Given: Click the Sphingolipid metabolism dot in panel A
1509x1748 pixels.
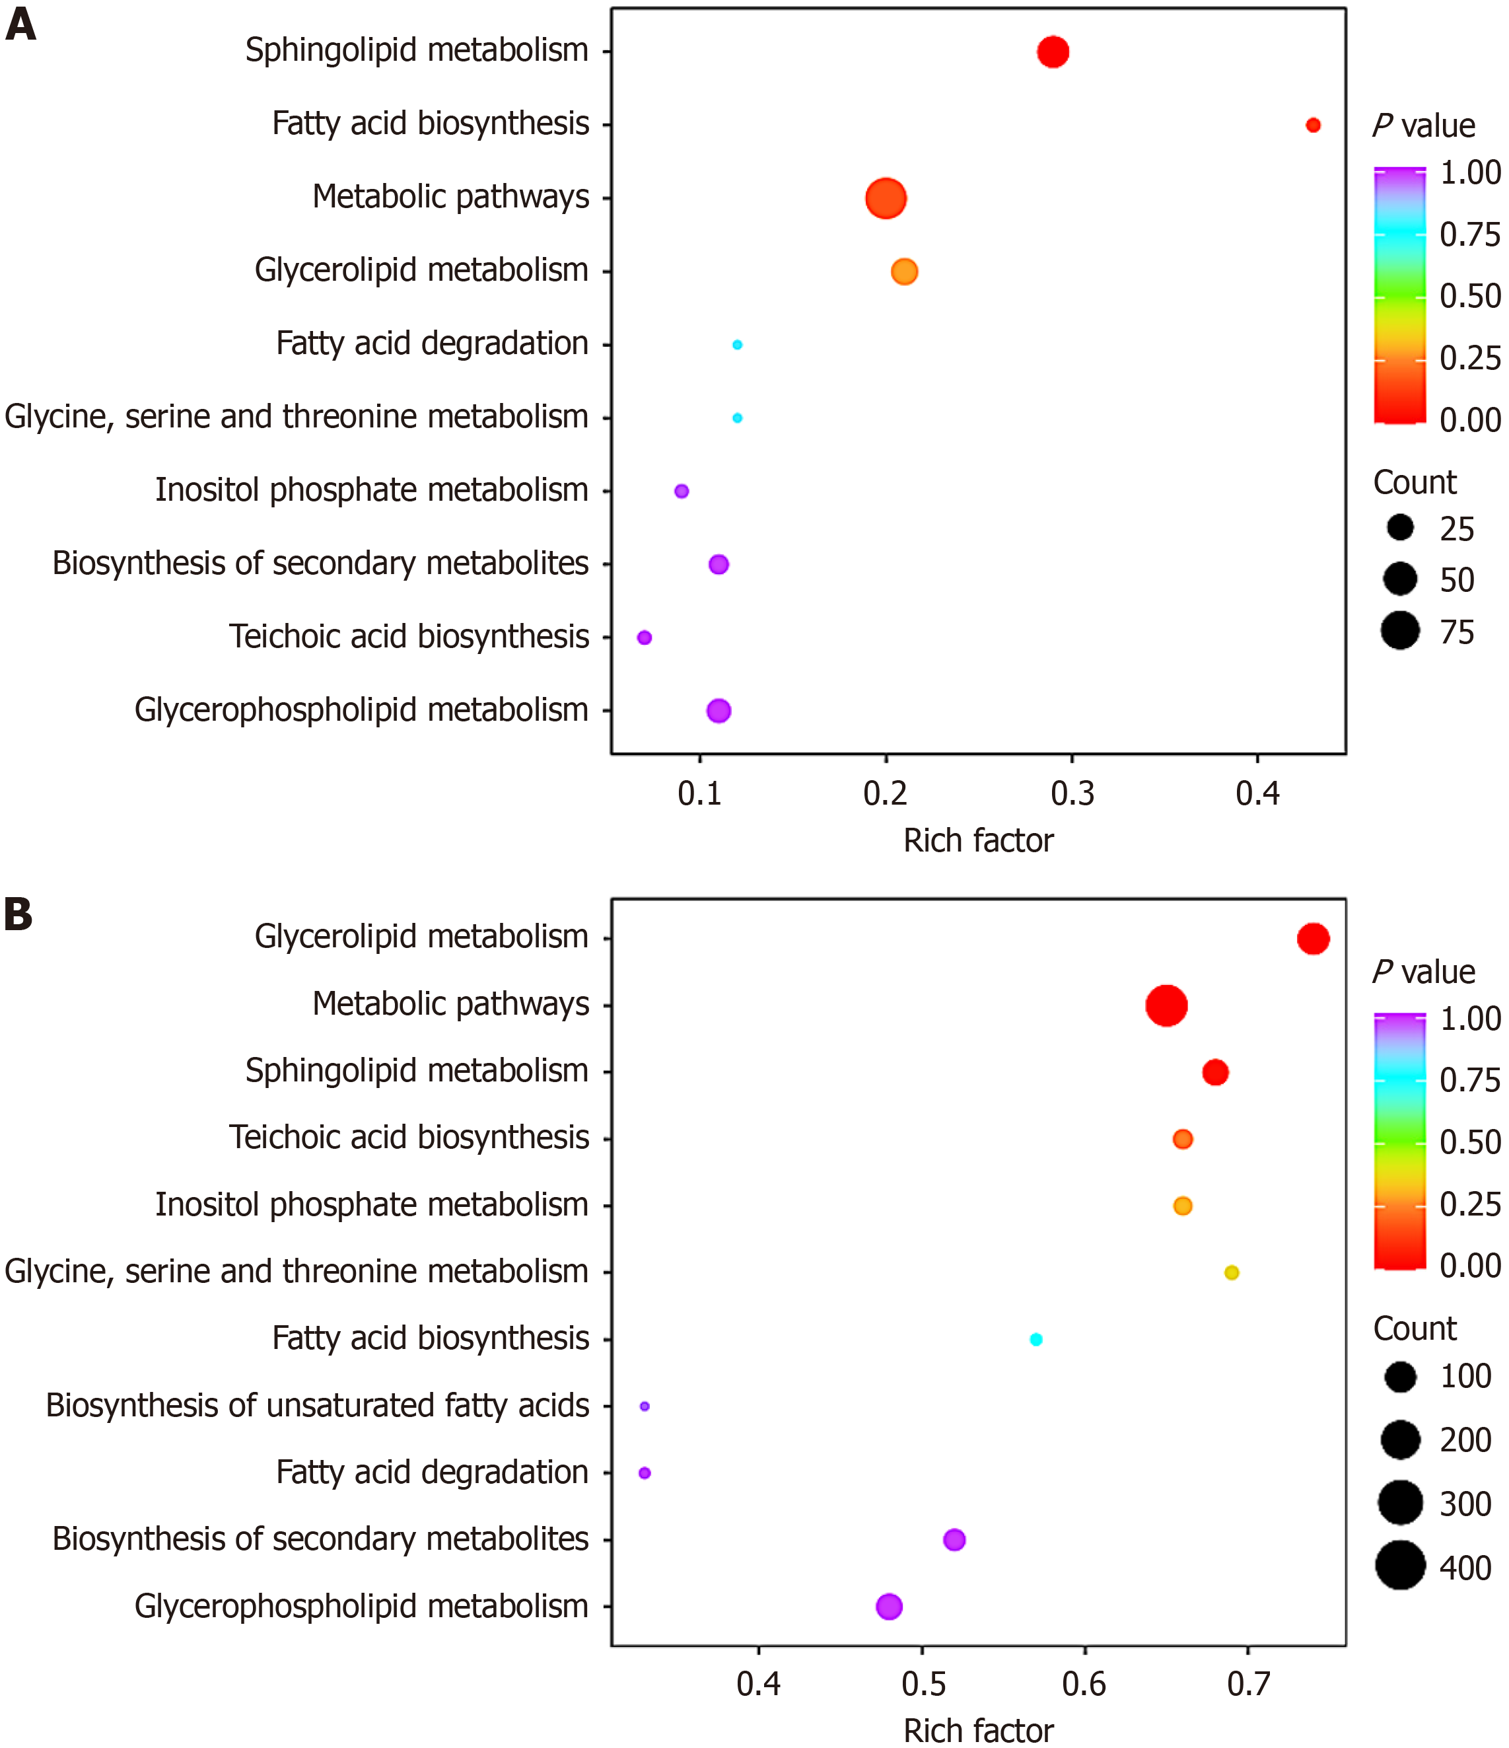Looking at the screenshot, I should pyautogui.click(x=1053, y=52).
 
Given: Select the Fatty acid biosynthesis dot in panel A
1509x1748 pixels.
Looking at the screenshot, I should pyautogui.click(x=1312, y=125).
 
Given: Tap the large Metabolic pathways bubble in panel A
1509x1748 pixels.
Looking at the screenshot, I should pyautogui.click(x=886, y=199).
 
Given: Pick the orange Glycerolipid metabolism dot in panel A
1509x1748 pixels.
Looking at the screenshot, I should pyautogui.click(x=904, y=272).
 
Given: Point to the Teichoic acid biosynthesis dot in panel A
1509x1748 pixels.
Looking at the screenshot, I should pyautogui.click(x=645, y=637).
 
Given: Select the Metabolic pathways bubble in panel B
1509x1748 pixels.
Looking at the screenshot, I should pyautogui.click(x=1166, y=1005).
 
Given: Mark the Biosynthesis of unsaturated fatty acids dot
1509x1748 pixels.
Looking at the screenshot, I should pyautogui.click(x=645, y=1406).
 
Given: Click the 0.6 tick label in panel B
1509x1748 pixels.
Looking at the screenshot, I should pyautogui.click(x=1085, y=1685).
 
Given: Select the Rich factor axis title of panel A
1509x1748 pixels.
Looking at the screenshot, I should pyautogui.click(x=979, y=841).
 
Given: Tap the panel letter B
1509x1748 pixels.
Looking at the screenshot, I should pyautogui.click(x=18, y=914).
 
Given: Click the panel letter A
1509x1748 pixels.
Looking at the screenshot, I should pyautogui.click(x=20, y=24).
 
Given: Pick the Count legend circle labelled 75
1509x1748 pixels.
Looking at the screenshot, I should pyautogui.click(x=1400, y=631).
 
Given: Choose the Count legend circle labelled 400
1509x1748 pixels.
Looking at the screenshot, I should pyautogui.click(x=1400, y=1566).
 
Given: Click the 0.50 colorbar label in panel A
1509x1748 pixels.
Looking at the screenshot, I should pyautogui.click(x=1470, y=296).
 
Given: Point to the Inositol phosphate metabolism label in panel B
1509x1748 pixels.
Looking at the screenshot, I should pyautogui.click(x=371, y=1205).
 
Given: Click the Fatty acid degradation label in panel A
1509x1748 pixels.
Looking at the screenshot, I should pyautogui.click(x=432, y=344).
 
